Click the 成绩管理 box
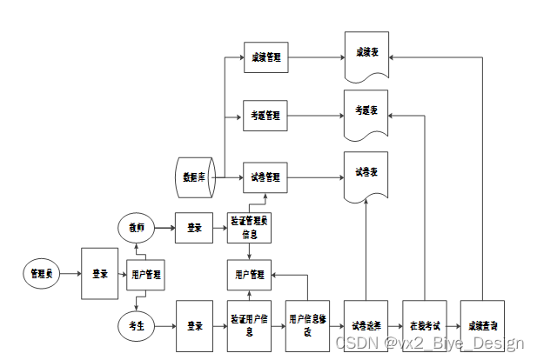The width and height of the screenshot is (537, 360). click(265, 58)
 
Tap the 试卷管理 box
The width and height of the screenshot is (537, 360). click(265, 177)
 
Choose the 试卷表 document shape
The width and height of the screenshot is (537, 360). click(365, 174)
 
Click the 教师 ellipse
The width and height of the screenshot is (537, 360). click(136, 228)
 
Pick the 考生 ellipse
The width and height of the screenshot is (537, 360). click(136, 325)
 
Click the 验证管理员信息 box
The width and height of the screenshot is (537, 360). click(250, 228)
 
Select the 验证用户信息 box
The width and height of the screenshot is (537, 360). click(250, 326)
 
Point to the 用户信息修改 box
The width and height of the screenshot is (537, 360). click(309, 326)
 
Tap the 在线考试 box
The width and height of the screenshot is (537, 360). click(424, 326)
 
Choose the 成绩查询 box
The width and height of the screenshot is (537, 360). click(481, 326)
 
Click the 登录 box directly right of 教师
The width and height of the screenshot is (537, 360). click(194, 228)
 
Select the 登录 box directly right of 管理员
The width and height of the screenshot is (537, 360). click(99, 274)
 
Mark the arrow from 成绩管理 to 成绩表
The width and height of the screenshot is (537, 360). click(313, 58)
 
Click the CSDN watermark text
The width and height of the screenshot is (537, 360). click(430, 343)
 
